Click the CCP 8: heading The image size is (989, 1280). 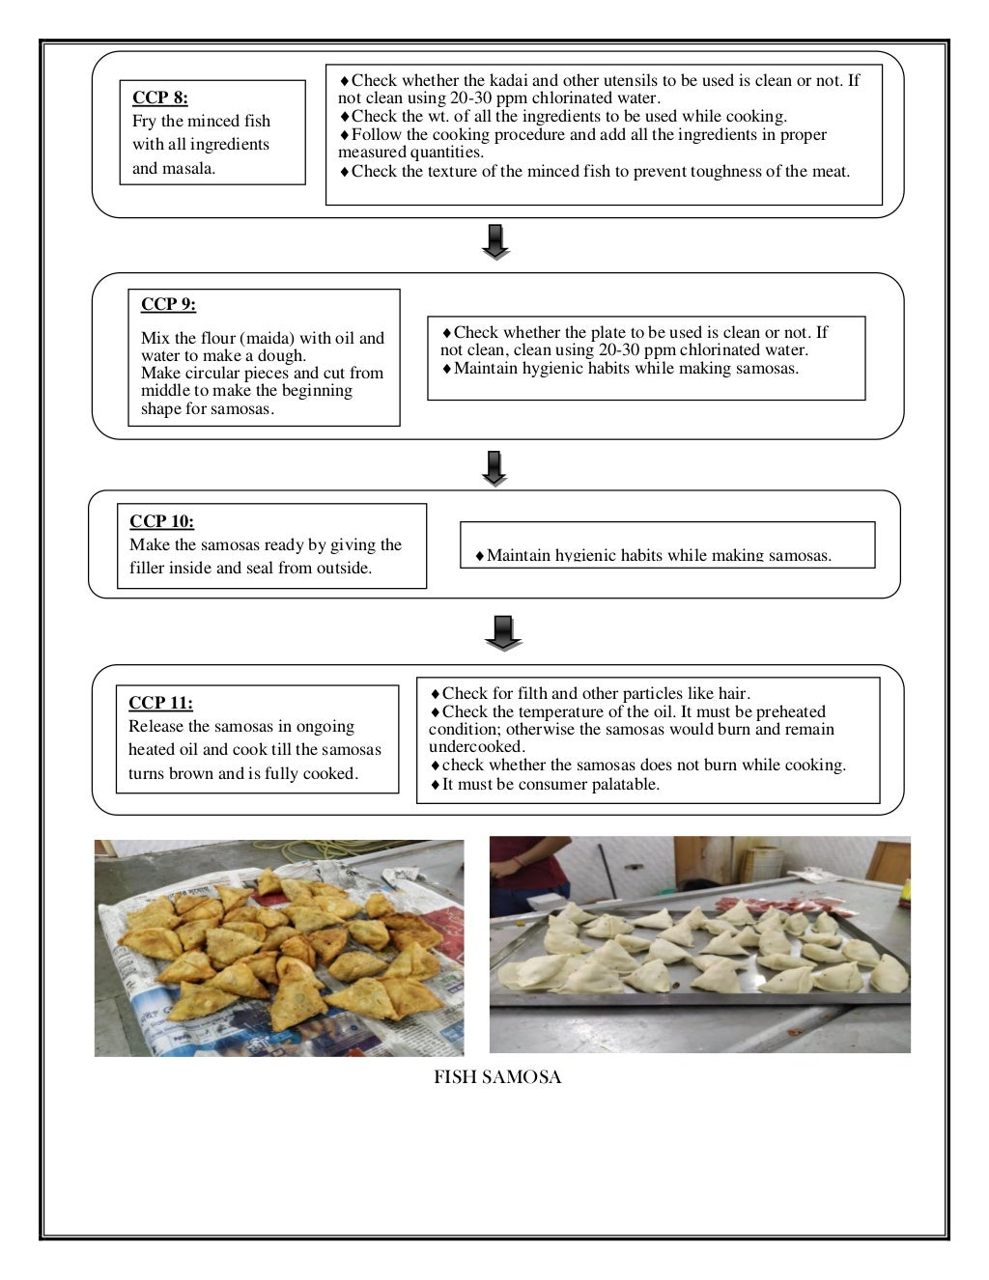tap(160, 97)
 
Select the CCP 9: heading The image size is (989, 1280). tap(168, 304)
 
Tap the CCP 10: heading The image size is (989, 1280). tap(161, 521)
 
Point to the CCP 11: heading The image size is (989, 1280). tap(160, 703)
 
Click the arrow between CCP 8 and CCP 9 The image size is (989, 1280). tap(495, 242)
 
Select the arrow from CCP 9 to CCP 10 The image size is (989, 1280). tap(494, 468)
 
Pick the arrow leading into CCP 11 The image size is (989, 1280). tap(502, 632)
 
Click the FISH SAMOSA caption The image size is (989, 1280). tap(497, 1077)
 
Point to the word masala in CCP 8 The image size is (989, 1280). tap(187, 168)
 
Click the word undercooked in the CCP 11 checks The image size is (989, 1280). tap(475, 746)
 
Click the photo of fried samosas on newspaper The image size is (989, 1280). tap(279, 947)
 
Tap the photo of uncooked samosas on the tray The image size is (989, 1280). tap(699, 944)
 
